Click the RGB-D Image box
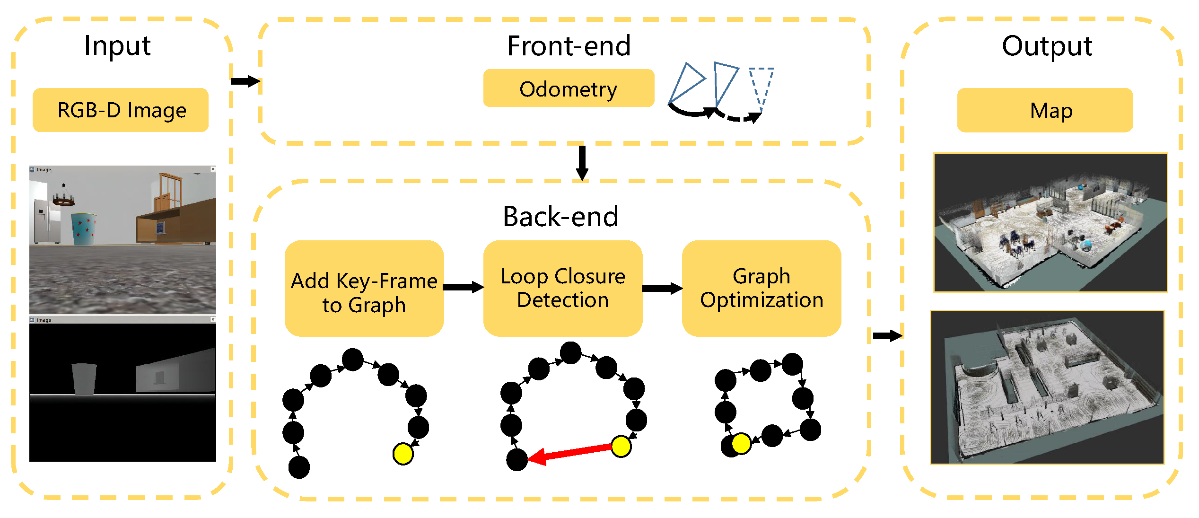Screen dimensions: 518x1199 pyautogui.click(x=121, y=110)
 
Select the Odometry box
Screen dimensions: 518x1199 pyautogui.click(x=569, y=88)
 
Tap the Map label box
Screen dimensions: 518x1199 pyautogui.click(x=1045, y=110)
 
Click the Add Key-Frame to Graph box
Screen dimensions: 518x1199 pyautogui.click(x=364, y=289)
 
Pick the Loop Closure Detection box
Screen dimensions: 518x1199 pyautogui.click(x=562, y=289)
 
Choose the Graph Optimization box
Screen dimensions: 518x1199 pyautogui.click(x=761, y=289)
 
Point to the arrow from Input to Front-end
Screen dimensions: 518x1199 pyautogui.click(x=245, y=81)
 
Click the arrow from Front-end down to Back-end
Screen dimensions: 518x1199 pyautogui.click(x=582, y=162)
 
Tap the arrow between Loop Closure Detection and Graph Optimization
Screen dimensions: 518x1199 pyautogui.click(x=662, y=289)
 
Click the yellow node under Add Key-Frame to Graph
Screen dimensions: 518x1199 pyautogui.click(x=403, y=454)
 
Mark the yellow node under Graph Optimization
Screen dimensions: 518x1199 pyautogui.click(x=741, y=444)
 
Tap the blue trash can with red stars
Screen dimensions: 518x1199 pyautogui.click(x=84, y=229)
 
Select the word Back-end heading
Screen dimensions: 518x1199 pyautogui.click(x=560, y=217)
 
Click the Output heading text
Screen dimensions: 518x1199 pyautogui.click(x=1047, y=46)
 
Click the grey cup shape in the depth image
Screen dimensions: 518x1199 pyautogui.click(x=84, y=378)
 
